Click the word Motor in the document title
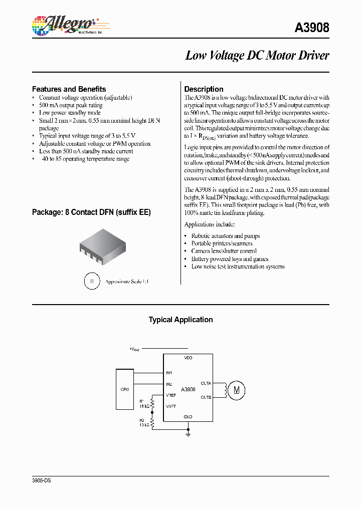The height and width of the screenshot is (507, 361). click(282, 56)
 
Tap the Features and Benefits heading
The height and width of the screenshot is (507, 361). click(69, 89)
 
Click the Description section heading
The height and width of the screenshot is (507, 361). click(204, 89)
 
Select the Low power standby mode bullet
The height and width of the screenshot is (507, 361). click(70, 113)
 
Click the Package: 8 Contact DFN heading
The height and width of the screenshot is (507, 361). click(91, 212)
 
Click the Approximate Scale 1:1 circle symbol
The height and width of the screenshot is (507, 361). click(91, 281)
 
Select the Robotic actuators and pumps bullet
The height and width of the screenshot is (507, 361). click(225, 235)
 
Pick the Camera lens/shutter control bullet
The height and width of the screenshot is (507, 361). click(224, 251)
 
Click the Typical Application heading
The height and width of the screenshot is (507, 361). click(180, 320)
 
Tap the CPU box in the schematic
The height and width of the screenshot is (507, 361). click(124, 388)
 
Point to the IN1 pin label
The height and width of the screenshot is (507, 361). click(169, 373)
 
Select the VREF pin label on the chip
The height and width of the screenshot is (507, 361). click(171, 395)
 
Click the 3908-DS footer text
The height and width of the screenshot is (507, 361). click(42, 480)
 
